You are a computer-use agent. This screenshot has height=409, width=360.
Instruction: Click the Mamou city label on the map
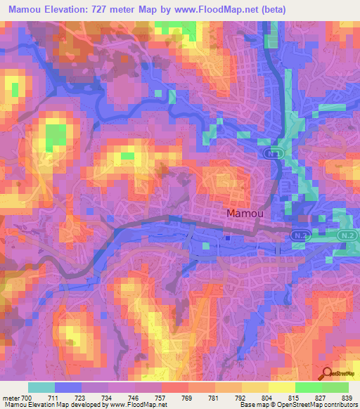(245, 212)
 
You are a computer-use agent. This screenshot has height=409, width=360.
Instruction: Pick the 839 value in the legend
(347, 398)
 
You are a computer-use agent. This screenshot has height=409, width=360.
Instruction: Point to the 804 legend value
(266, 398)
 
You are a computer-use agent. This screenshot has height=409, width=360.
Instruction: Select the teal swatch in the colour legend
(41, 387)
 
